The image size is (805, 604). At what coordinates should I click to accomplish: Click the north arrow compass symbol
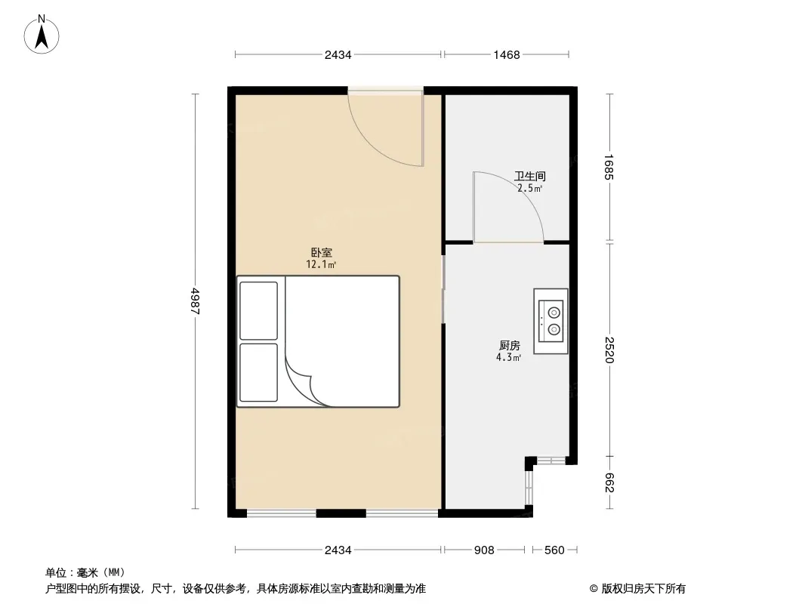tap(42, 35)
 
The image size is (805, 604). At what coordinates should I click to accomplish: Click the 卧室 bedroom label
tap(322, 252)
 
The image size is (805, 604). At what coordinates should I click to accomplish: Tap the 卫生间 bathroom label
tap(530, 176)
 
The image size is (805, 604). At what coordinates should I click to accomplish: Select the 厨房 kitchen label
tap(509, 345)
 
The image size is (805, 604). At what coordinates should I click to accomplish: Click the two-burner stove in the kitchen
tap(551, 321)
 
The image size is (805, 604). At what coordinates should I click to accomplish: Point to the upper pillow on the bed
tap(259, 310)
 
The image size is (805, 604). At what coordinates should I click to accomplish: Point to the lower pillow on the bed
tap(259, 372)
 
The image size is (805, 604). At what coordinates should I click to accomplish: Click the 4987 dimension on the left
tap(196, 300)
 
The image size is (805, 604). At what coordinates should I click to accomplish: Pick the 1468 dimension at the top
tap(507, 55)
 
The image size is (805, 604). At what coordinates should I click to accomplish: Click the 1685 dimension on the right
tap(609, 168)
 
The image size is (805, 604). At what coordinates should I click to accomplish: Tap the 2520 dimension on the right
tap(609, 350)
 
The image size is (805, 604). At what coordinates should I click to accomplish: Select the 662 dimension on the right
tap(609, 482)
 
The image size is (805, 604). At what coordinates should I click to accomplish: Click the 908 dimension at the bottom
tap(484, 550)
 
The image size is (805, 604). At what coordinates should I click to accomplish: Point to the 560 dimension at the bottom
tap(554, 550)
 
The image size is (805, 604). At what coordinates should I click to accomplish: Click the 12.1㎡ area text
tap(322, 265)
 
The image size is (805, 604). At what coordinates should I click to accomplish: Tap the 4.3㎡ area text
tap(509, 358)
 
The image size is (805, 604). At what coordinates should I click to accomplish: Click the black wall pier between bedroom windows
tap(341, 513)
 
